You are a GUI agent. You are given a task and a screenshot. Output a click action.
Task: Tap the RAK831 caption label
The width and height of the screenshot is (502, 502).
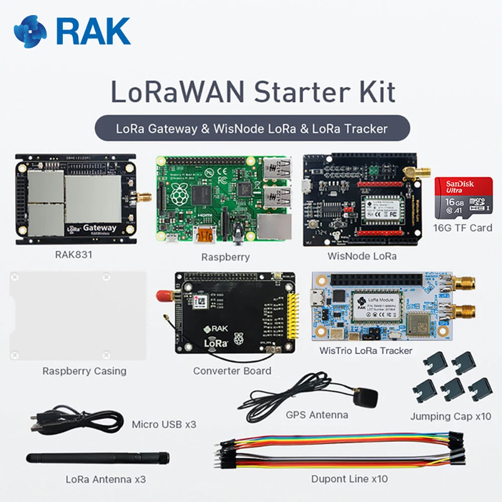click(x=73, y=255)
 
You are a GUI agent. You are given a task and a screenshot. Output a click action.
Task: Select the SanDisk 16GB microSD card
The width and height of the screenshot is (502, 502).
click(x=463, y=197)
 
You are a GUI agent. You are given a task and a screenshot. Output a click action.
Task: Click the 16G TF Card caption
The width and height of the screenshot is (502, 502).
click(x=463, y=227)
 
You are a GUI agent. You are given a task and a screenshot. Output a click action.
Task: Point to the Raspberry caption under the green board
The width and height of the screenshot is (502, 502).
click(x=225, y=257)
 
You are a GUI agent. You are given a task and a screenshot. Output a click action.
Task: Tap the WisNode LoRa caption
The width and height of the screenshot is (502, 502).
click(x=362, y=256)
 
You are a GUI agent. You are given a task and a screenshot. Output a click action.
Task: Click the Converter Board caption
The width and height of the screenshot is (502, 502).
click(x=232, y=371)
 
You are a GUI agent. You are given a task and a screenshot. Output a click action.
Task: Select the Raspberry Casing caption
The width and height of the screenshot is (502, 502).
click(x=84, y=371)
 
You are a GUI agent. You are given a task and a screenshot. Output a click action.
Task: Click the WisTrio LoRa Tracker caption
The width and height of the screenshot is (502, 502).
click(x=366, y=350)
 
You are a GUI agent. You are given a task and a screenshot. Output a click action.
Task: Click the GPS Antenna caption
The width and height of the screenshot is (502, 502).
click(x=317, y=415)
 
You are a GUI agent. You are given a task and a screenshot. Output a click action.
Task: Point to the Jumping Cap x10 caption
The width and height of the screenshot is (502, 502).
click(x=450, y=416)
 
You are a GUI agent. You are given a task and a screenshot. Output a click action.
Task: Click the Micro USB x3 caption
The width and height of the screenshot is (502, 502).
click(x=164, y=425)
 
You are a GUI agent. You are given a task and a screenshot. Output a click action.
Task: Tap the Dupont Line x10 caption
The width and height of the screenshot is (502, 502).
click(x=349, y=479)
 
